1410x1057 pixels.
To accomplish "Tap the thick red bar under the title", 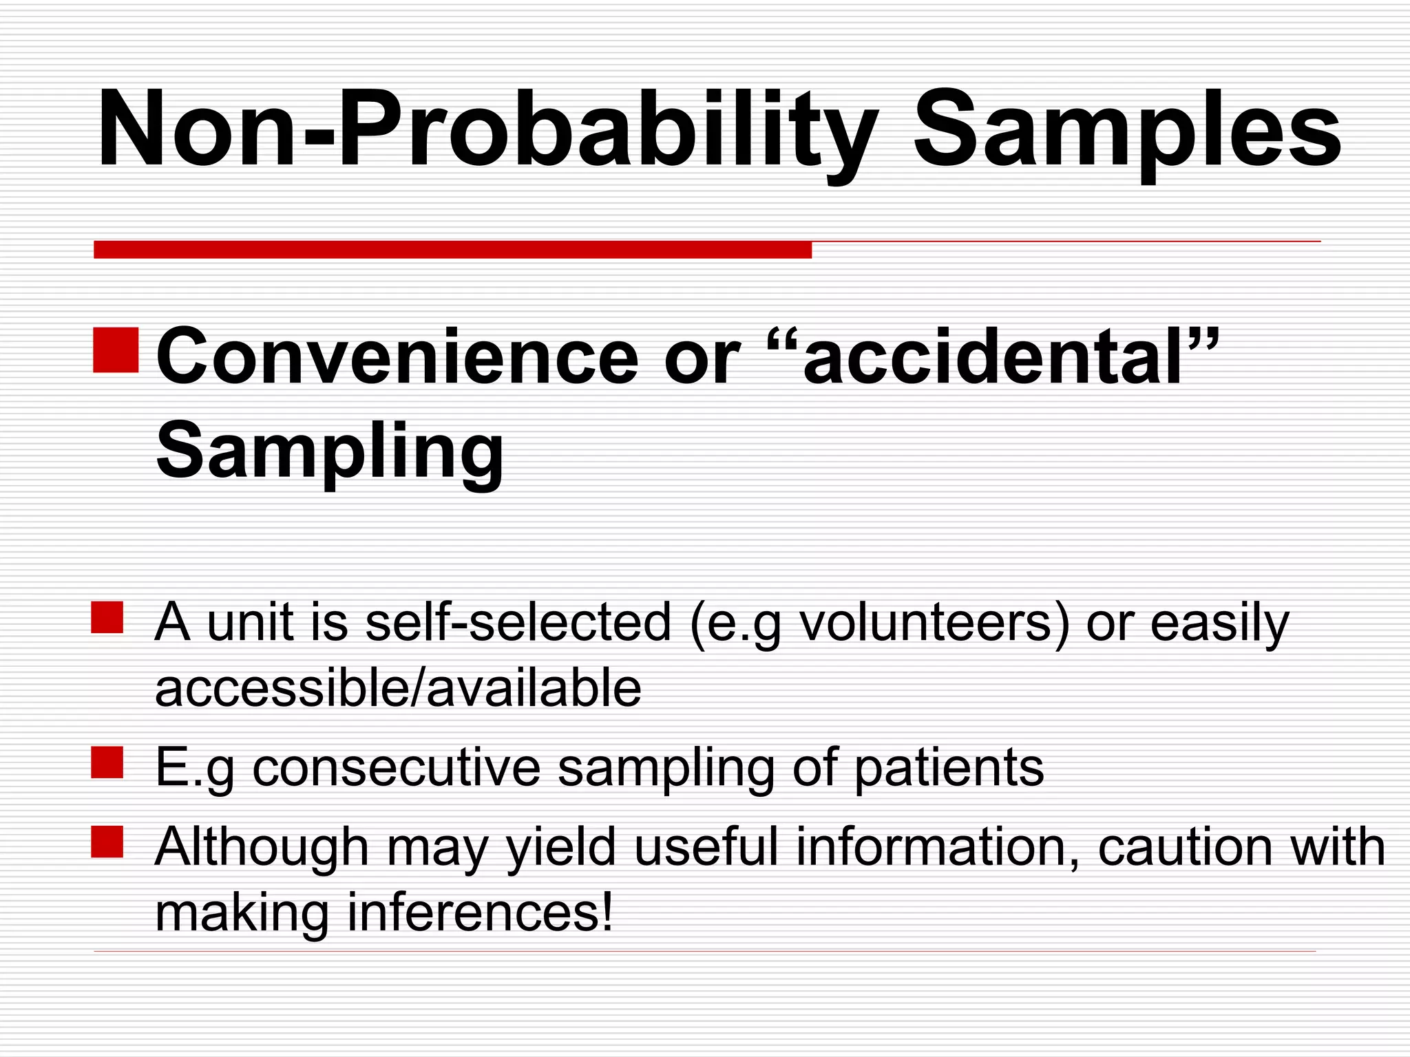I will (452, 249).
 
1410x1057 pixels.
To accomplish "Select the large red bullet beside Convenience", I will (116, 350).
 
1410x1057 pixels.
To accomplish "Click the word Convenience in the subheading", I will (397, 358).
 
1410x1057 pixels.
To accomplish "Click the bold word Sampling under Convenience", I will (330, 453).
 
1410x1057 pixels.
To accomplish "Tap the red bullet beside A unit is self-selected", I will (107, 617).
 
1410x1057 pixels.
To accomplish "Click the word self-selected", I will (518, 622).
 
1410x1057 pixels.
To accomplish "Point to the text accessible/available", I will (398, 688).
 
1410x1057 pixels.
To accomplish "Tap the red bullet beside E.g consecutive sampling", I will (107, 762).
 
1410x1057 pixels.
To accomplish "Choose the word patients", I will (949, 769).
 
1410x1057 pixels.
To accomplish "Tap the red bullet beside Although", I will (107, 842).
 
